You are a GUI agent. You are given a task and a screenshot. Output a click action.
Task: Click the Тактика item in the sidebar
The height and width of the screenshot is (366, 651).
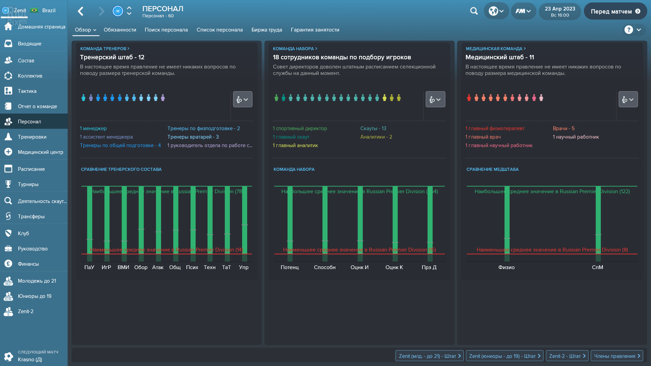(27, 91)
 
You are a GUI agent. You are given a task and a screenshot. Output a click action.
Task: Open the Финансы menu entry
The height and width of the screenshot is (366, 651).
(28, 264)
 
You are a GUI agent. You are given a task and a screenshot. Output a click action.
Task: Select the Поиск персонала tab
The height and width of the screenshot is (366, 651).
(166, 30)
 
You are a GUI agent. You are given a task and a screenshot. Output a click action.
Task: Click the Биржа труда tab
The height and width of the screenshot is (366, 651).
(267, 30)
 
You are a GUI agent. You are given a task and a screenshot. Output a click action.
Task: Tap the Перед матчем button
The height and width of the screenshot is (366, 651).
(615, 12)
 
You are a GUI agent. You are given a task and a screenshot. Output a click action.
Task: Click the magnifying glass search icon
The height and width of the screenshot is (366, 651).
(474, 11)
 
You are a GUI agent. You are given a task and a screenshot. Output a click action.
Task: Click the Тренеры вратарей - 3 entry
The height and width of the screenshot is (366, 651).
(193, 137)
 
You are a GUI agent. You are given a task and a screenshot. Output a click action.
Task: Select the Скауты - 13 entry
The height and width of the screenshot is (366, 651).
(373, 128)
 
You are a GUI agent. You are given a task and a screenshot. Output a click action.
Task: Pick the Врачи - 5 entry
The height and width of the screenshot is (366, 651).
(563, 128)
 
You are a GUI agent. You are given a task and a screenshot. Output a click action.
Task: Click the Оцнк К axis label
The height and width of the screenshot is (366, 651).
(394, 267)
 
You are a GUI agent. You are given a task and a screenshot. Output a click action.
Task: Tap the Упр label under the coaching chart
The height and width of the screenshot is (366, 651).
(243, 267)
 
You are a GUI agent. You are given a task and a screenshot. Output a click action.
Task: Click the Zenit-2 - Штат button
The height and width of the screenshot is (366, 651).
(567, 356)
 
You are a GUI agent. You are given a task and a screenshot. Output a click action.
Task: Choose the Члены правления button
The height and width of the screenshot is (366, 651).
(616, 356)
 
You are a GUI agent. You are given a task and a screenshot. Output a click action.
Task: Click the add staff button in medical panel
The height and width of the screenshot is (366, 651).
(628, 100)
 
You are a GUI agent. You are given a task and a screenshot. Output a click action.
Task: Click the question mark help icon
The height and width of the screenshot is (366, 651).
(628, 30)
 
